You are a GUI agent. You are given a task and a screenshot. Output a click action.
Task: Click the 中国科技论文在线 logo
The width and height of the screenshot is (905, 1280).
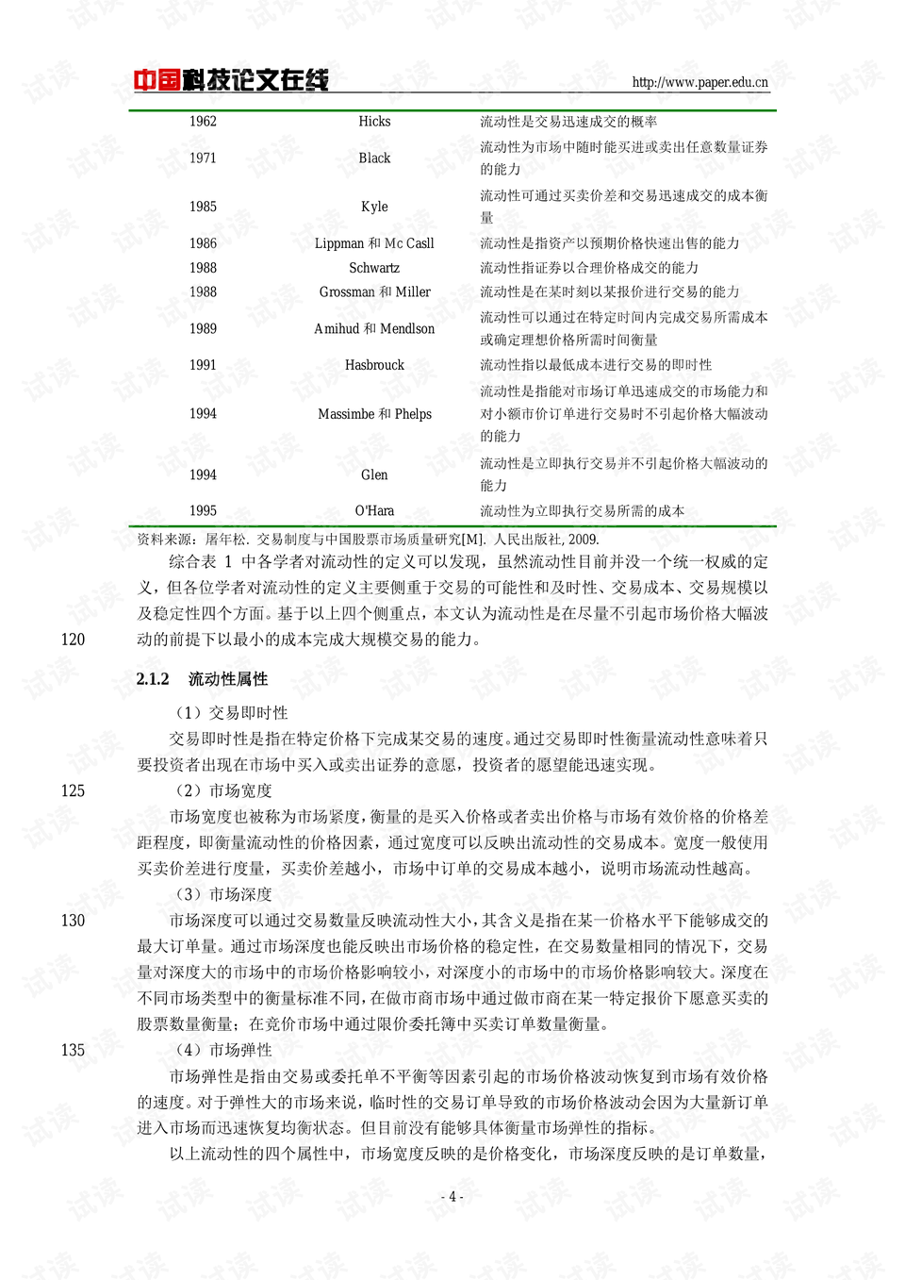[230, 80]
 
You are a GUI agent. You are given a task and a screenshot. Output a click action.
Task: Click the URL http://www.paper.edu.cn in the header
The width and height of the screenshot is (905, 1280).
[699, 82]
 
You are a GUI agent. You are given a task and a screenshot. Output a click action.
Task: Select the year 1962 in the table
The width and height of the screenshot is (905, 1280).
[203, 122]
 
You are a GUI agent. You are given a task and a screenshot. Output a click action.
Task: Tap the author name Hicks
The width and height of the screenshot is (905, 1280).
[374, 122]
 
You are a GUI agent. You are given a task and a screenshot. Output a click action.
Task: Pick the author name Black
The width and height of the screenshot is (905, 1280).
[374, 158]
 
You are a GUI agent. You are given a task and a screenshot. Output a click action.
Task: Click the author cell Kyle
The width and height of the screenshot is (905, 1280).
[374, 207]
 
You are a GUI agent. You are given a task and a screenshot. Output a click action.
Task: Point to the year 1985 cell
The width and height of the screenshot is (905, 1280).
[203, 207]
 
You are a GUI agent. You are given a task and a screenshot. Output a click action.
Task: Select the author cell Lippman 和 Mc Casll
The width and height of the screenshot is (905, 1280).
[374, 243]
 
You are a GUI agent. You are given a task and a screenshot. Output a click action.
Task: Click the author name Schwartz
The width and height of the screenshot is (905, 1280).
[374, 268]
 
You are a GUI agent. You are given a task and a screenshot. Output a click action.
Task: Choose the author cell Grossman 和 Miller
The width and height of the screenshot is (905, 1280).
[374, 292]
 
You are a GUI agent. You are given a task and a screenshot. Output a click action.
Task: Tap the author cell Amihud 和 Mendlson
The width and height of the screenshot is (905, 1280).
[374, 329]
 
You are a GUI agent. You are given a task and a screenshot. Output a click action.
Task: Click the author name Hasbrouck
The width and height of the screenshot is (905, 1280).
[374, 365]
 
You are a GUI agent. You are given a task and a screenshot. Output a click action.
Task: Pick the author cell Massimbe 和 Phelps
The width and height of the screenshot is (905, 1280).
[374, 414]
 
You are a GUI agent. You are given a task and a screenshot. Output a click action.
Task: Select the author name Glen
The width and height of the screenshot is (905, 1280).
[374, 475]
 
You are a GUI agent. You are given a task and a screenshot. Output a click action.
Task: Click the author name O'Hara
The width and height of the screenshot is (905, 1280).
[374, 511]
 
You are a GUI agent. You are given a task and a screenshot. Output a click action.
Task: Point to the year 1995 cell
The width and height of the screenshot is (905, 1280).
[203, 511]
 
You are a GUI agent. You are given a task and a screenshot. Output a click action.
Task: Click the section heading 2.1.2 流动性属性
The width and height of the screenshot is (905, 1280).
[202, 679]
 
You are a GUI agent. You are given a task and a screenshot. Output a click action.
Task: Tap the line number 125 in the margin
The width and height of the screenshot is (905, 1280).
[73, 790]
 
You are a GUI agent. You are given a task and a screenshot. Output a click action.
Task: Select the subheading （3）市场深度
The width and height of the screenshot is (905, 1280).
[223, 894]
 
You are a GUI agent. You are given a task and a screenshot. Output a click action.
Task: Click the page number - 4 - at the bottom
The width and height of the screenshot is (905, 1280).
[452, 1197]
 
